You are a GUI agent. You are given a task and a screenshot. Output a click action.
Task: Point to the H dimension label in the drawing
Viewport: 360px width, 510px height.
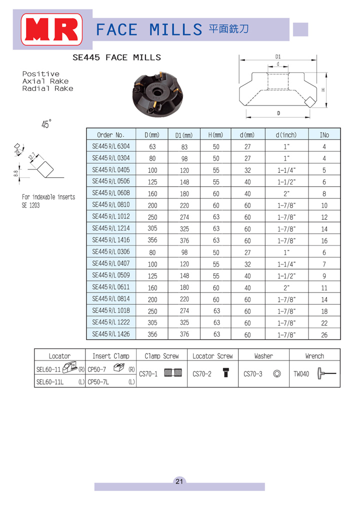323,90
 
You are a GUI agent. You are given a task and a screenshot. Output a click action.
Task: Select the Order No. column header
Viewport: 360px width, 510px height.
111,134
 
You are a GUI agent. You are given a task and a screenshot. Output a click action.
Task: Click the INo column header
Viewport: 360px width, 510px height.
324,134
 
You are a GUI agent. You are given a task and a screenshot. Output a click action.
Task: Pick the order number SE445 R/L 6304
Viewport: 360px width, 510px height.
111,146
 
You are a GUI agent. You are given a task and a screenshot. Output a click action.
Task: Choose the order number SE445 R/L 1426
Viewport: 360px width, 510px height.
111,334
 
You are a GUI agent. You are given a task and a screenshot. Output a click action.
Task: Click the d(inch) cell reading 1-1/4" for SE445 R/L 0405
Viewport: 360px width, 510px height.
286,170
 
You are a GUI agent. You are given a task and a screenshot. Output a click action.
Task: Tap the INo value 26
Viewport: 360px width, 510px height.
324,335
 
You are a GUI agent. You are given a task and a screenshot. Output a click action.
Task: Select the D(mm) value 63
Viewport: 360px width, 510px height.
152,147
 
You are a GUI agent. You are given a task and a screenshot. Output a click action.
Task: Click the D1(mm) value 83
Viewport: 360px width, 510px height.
184,147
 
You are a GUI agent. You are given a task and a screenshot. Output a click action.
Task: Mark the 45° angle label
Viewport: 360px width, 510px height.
46,125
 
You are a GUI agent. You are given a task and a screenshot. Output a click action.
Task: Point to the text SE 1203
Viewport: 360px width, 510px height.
30,205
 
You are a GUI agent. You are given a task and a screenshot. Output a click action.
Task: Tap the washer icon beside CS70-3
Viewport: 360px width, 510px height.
276,373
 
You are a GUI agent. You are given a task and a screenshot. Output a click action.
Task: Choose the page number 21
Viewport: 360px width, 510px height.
179,481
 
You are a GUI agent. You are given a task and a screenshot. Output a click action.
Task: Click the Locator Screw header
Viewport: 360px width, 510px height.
212,356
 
